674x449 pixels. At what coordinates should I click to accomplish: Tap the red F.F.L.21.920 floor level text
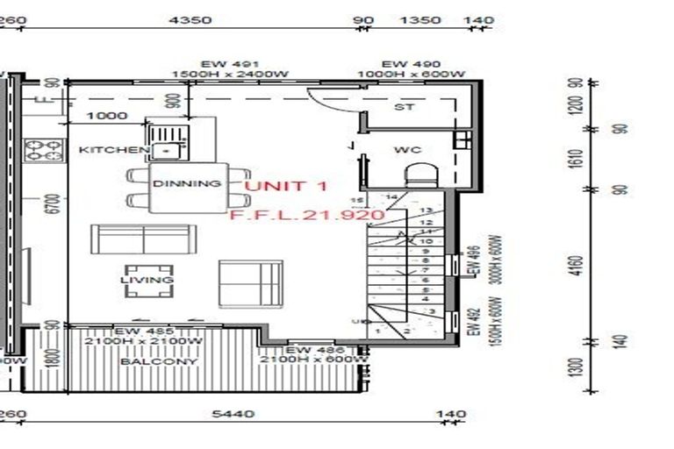[306, 214]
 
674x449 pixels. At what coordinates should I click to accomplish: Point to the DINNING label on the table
[186, 184]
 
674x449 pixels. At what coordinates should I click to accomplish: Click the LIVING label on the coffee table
[147, 280]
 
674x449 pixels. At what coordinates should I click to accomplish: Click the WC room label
[407, 150]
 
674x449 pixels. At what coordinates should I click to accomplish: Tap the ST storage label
[404, 108]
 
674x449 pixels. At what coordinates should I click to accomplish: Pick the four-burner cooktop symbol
[43, 150]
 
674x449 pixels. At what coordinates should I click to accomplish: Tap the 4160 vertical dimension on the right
[575, 265]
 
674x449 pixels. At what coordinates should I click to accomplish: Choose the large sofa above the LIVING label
[141, 240]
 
